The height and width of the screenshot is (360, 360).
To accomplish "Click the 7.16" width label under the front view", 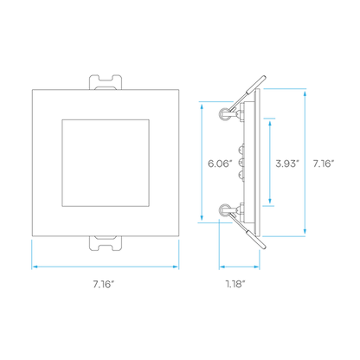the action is pyautogui.click(x=104, y=284).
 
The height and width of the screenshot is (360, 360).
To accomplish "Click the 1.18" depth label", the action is pyautogui.click(x=235, y=284).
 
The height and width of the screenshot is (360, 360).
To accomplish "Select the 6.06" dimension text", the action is pyautogui.click(x=220, y=164).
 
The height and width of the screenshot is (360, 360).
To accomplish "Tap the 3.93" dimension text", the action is pyautogui.click(x=287, y=164).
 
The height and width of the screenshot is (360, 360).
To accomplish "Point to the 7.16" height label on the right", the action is pyautogui.click(x=324, y=164).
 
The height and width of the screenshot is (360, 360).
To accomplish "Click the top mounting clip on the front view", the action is pyautogui.click(x=106, y=82).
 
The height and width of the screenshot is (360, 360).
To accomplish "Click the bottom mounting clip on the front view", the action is pyautogui.click(x=106, y=243).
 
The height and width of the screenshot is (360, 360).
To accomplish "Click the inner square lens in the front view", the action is pyautogui.click(x=106, y=163).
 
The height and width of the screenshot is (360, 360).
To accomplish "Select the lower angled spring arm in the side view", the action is pyautogui.click(x=247, y=231).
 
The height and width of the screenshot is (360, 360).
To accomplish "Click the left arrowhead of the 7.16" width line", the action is pyautogui.click(x=35, y=267).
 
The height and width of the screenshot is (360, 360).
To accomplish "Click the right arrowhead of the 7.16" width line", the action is pyautogui.click(x=176, y=267).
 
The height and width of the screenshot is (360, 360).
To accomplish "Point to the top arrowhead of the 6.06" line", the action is pyautogui.click(x=202, y=106).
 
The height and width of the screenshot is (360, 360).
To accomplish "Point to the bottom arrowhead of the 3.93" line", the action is pyautogui.click(x=270, y=201).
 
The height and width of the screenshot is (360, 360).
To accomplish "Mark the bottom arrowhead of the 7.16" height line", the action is pyautogui.click(x=305, y=231).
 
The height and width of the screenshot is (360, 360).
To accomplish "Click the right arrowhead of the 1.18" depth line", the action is pyautogui.click(x=256, y=267).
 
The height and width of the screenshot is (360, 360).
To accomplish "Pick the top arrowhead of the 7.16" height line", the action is pyautogui.click(x=305, y=93).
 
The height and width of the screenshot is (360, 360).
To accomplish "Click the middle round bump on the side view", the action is pyautogui.click(x=240, y=163).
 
